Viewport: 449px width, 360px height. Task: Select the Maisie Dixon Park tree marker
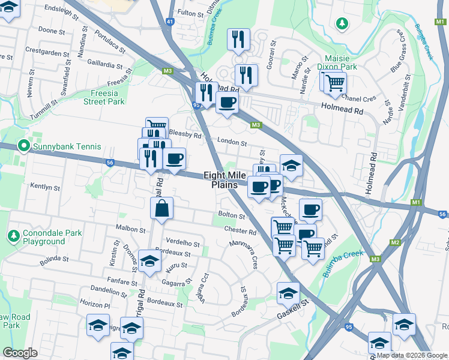click(342, 23)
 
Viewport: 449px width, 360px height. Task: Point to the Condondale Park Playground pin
click(14, 234)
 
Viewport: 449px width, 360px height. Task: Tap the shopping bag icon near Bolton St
click(161, 209)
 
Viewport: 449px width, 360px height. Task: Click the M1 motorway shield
click(416, 203)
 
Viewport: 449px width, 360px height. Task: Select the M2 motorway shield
click(394, 242)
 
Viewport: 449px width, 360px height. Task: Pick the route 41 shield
click(170, 22)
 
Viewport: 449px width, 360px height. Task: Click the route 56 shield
click(109, 162)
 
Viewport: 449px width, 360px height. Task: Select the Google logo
click(20, 353)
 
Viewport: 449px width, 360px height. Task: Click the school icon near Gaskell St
click(288, 293)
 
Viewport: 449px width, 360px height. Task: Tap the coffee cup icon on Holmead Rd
click(227, 103)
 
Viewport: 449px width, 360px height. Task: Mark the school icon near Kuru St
click(149, 261)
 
